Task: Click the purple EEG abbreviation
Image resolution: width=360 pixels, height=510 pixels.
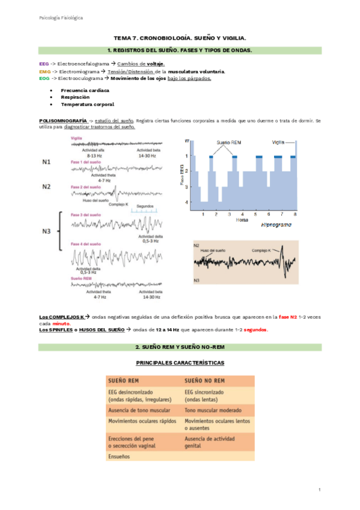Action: [x=43, y=63]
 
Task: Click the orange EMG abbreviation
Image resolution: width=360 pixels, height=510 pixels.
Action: [x=43, y=71]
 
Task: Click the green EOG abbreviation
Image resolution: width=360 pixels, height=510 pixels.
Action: [x=43, y=78]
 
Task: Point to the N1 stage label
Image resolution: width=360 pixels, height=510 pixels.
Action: [x=46, y=162]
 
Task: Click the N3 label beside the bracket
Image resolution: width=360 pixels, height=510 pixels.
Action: [x=46, y=230]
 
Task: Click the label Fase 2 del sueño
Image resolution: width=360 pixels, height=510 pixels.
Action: [x=84, y=187]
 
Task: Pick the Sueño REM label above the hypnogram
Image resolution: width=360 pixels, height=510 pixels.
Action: [x=228, y=143]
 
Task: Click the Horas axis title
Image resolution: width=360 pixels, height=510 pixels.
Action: [x=243, y=220]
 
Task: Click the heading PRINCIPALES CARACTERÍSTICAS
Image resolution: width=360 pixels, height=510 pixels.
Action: [x=180, y=363]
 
